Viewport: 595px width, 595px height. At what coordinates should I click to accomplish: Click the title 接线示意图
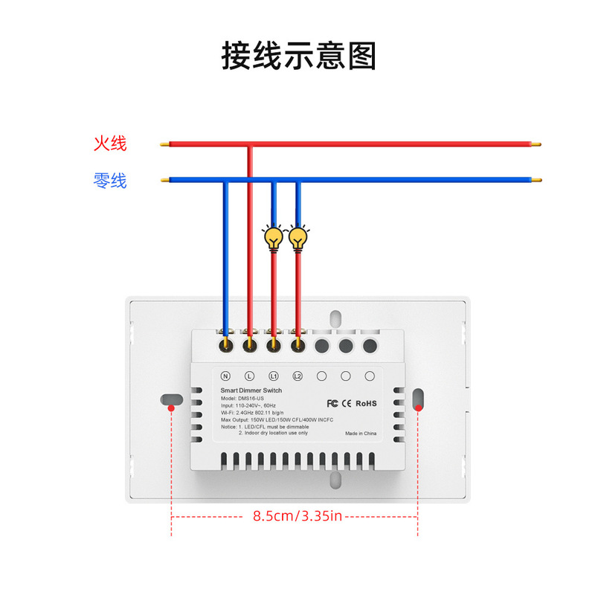click(299, 57)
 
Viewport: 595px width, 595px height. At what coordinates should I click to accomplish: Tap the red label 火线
click(110, 144)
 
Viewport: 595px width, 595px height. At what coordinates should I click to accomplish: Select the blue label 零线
click(110, 180)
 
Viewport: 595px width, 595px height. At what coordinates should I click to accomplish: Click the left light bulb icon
click(274, 238)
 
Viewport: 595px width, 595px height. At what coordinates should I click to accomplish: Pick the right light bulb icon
click(299, 238)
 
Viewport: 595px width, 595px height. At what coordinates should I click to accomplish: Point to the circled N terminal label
click(225, 376)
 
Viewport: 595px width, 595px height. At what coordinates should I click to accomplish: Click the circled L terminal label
click(250, 376)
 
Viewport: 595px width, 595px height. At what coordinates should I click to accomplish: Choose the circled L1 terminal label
click(274, 376)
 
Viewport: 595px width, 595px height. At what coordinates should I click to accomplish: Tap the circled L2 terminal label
click(298, 376)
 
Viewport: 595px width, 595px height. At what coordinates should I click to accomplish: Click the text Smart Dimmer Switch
click(251, 390)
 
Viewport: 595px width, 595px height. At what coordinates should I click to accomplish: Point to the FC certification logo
click(332, 403)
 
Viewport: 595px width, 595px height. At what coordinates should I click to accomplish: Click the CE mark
click(347, 403)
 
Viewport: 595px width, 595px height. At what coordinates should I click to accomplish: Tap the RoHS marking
click(366, 403)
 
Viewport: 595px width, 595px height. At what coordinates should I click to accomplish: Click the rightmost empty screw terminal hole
click(369, 345)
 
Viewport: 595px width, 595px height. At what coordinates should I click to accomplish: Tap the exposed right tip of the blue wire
click(535, 179)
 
